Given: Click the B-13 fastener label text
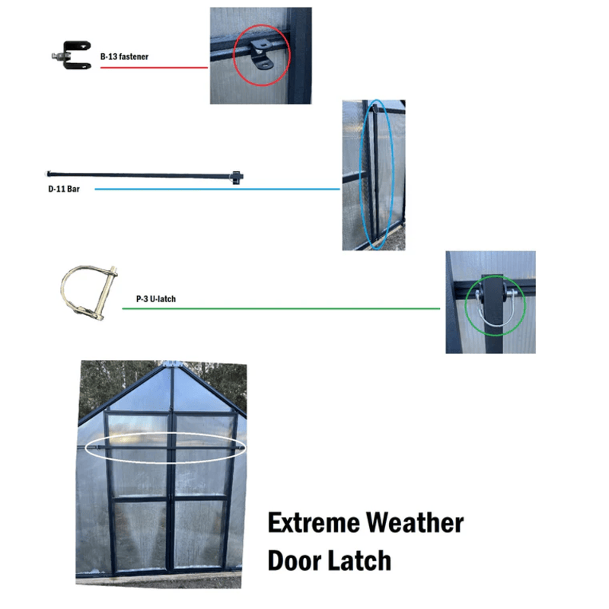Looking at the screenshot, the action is point(124,56).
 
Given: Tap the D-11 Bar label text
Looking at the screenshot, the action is point(64,189).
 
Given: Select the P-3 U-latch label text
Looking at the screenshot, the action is point(156,299).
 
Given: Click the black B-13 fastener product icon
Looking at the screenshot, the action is point(72,55).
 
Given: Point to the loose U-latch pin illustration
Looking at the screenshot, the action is point(89,292).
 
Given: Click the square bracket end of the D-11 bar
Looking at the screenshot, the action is point(236,177).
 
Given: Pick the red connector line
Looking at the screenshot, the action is point(154,68).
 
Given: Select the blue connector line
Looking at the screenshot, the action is point(218,189).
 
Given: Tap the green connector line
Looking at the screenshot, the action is point(281,309).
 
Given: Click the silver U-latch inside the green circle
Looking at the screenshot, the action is point(496,308).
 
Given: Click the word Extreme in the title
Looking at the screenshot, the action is point(314,522).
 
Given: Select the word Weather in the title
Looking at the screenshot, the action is point(415,522).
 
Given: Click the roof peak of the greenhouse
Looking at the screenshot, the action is point(173,365).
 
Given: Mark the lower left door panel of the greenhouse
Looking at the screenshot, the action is point(141,535).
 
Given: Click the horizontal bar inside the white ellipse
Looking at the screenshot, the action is point(165,448).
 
